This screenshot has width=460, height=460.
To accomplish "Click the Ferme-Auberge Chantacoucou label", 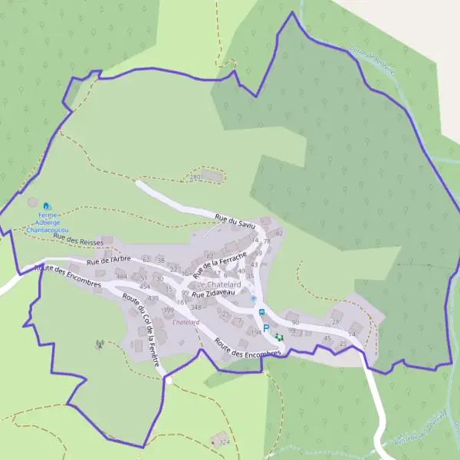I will (48, 222).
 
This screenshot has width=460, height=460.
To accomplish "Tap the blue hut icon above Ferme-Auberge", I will (47, 206).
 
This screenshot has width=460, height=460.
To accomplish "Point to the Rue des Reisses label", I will (78, 242).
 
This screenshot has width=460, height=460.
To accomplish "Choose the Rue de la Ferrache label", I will (220, 264).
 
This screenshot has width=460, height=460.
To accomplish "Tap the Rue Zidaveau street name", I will (212, 294).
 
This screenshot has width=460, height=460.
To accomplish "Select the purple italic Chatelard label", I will (186, 323).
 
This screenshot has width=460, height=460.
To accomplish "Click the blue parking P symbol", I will (266, 328).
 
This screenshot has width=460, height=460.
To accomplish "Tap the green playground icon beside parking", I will (278, 337).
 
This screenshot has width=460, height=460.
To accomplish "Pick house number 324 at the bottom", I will (224, 442).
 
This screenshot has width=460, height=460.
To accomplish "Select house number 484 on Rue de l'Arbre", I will (122, 277).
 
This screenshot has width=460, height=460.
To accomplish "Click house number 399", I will (168, 309).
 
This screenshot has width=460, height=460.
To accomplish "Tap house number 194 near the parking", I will (256, 333).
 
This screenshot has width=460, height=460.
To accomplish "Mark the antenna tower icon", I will (99, 344).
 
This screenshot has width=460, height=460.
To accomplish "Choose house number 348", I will (195, 307).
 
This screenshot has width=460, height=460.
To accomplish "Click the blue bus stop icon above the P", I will (261, 312).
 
